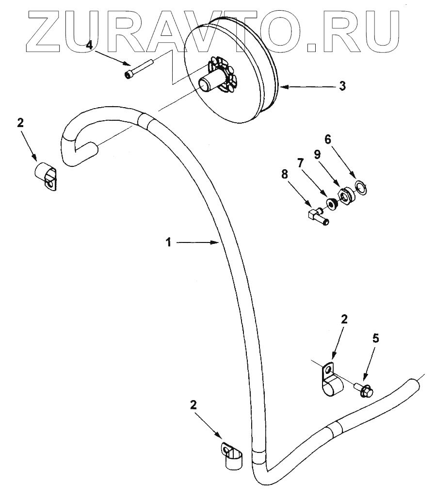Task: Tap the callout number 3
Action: click(x=342, y=86)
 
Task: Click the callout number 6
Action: click(x=327, y=139)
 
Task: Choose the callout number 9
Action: click(x=317, y=155)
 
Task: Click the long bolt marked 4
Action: click(x=140, y=67)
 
